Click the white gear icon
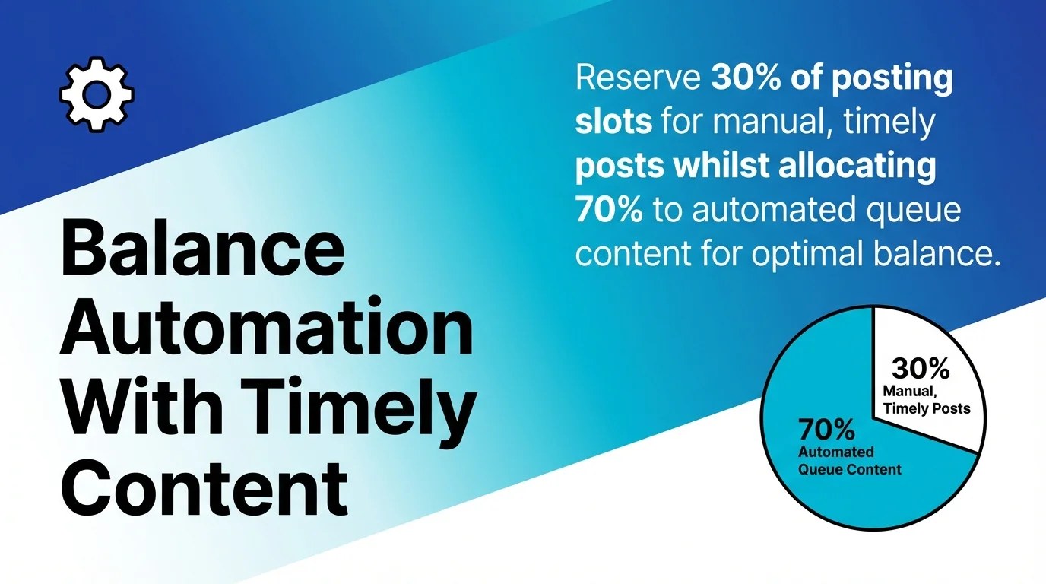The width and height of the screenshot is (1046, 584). click(97, 95)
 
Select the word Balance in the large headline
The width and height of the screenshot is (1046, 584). click(201, 249)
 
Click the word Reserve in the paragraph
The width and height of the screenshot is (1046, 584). click(636, 79)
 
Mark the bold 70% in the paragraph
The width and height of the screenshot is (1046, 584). click(608, 210)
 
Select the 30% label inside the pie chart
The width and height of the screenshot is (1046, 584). click(921, 369)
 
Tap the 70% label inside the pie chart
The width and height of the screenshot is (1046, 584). click(826, 430)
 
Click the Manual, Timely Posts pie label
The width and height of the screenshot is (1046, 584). click(926, 400)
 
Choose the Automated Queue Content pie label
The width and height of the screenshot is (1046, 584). click(849, 461)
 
